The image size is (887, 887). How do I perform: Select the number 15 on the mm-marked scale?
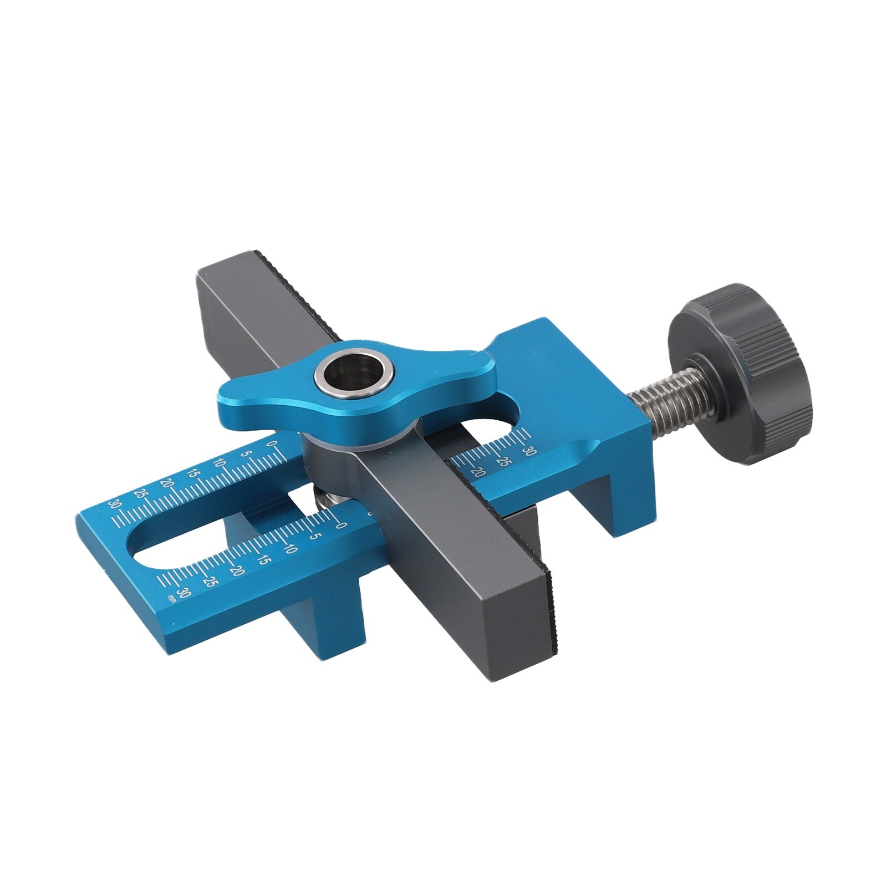coord(264,558)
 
